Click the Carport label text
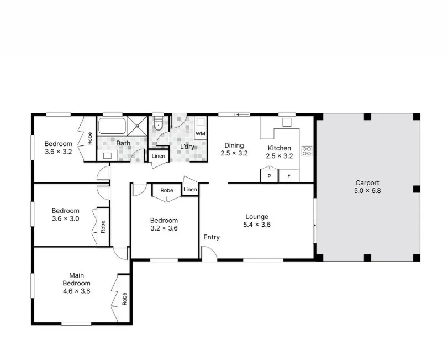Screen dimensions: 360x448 click(367, 183)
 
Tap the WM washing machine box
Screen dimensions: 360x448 click(201, 133)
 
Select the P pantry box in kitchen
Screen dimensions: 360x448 click(270, 176)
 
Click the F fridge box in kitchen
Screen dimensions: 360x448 click(288, 176)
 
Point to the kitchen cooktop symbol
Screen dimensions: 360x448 click(307, 150)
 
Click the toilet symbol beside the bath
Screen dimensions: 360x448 click(159, 123)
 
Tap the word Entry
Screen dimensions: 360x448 click(212, 237)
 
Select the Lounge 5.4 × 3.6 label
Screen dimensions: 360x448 click(257, 221)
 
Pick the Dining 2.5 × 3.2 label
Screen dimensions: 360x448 click(234, 149)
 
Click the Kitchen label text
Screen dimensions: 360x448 click(279, 148)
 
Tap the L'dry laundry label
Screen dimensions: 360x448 click(188, 147)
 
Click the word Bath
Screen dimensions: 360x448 click(123, 143)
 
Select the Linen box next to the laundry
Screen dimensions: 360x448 click(158, 156)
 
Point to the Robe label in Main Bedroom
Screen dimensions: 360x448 click(125, 299)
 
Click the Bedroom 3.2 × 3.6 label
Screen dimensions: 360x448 click(164, 224)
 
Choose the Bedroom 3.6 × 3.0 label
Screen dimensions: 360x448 click(66, 214)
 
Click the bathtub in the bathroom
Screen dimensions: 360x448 click(113, 126)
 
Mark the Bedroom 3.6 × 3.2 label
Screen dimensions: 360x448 click(59, 148)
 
